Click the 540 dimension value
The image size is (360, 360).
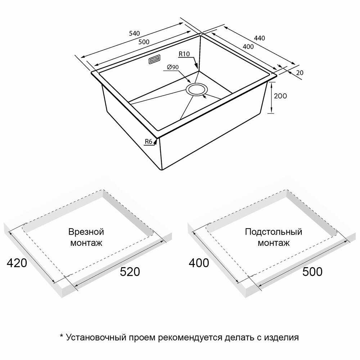(x=134, y=33)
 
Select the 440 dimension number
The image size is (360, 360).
(x=260, y=38)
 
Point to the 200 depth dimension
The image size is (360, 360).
(x=280, y=96)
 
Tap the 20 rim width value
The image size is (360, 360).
(x=300, y=73)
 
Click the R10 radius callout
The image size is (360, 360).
(x=184, y=54)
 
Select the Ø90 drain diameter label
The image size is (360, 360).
(x=173, y=67)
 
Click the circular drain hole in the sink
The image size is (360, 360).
(x=197, y=90)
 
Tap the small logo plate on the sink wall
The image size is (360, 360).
(x=155, y=59)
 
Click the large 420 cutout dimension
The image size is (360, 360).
(x=17, y=263)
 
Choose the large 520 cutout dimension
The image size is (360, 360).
(x=130, y=272)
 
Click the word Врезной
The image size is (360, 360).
(x=86, y=231)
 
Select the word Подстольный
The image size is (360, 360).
(x=274, y=232)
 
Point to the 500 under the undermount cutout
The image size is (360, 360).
(x=312, y=272)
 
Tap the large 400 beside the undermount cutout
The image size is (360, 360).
(x=199, y=263)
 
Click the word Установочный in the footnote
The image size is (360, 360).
(x=96, y=338)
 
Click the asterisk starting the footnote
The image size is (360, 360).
(x=61, y=336)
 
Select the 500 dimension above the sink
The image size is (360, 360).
(x=144, y=42)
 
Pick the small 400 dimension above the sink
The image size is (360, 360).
(x=248, y=46)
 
